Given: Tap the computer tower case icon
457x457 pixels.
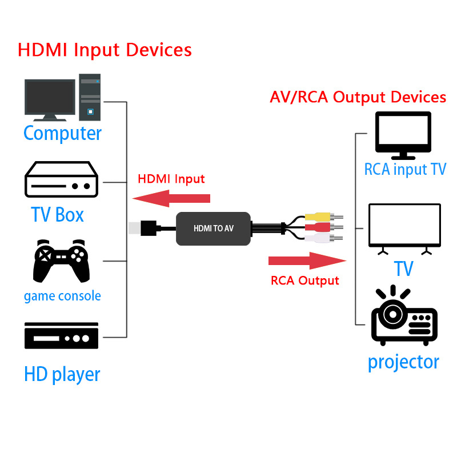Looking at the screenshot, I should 90,97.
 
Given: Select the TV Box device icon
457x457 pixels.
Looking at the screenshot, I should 61,180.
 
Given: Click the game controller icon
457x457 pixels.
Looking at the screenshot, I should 62,261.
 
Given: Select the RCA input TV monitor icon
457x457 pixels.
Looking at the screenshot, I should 403,135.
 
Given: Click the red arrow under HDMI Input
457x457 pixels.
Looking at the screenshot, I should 171,199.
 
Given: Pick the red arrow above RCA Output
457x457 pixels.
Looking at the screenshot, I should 307,260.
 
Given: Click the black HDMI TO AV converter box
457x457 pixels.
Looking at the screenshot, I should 213,228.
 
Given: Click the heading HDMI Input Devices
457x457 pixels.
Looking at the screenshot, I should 105,49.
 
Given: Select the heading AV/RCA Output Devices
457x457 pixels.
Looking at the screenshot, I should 358,97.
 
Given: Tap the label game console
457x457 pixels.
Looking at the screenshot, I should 62,296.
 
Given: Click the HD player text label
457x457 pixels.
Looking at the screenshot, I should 62,374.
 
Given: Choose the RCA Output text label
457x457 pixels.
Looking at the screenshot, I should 304,280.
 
